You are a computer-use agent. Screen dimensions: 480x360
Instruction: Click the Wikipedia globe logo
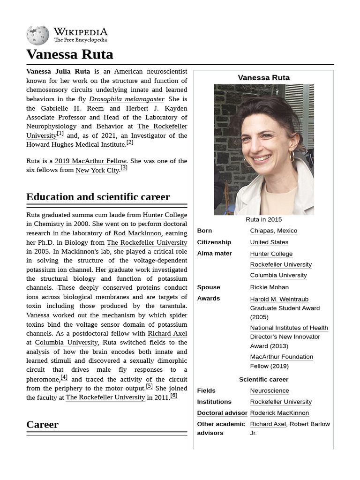pyautogui.click(x=37, y=35)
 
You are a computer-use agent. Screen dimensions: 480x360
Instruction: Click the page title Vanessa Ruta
pyautogui.click(x=69, y=54)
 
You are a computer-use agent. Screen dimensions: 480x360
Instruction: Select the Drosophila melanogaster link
pyautogui.click(x=127, y=99)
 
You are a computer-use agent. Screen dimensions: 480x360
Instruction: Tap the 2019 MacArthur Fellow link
pyautogui.click(x=90, y=161)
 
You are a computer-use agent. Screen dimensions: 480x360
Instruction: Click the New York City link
pyautogui.click(x=97, y=170)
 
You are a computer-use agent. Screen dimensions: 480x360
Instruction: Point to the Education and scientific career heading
pyautogui.click(x=98, y=197)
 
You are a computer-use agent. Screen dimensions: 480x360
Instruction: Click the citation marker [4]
pyautogui.click(x=64, y=377)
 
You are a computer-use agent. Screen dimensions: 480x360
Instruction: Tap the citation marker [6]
pyautogui.click(x=173, y=396)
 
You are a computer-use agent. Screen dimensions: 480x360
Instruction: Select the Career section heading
pyautogui.click(x=42, y=425)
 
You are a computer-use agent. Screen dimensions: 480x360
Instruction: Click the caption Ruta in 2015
pyautogui.click(x=263, y=219)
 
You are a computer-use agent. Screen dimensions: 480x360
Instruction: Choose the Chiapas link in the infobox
pyautogui.click(x=262, y=231)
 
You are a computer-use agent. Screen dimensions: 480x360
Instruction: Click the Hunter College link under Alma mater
pyautogui.click(x=271, y=254)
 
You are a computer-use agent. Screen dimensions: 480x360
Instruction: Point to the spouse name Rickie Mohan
pyautogui.click(x=269, y=287)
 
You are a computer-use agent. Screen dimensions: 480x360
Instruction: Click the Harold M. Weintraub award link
pyautogui.click(x=279, y=299)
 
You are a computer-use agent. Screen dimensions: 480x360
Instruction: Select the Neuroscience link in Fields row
pyautogui.click(x=269, y=390)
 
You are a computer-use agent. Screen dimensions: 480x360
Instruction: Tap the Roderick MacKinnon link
pyautogui.click(x=279, y=413)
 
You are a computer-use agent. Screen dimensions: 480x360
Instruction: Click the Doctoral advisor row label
pyautogui.click(x=222, y=413)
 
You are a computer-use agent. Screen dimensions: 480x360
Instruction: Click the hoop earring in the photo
pyautogui.click(x=291, y=156)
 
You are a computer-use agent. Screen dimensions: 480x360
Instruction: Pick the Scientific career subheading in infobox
pyautogui.click(x=263, y=379)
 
